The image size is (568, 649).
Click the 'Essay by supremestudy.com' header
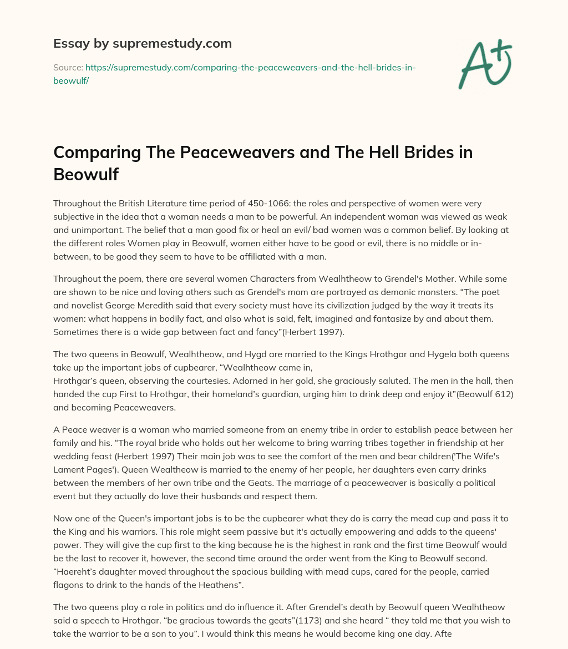point(143,43)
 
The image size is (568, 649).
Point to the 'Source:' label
point(68,67)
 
